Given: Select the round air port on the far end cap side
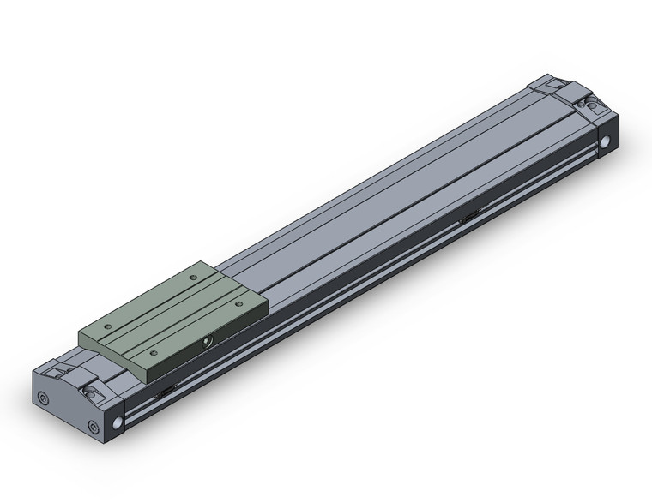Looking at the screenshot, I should click(x=607, y=142).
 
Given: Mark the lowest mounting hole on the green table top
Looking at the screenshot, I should click(x=153, y=352).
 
